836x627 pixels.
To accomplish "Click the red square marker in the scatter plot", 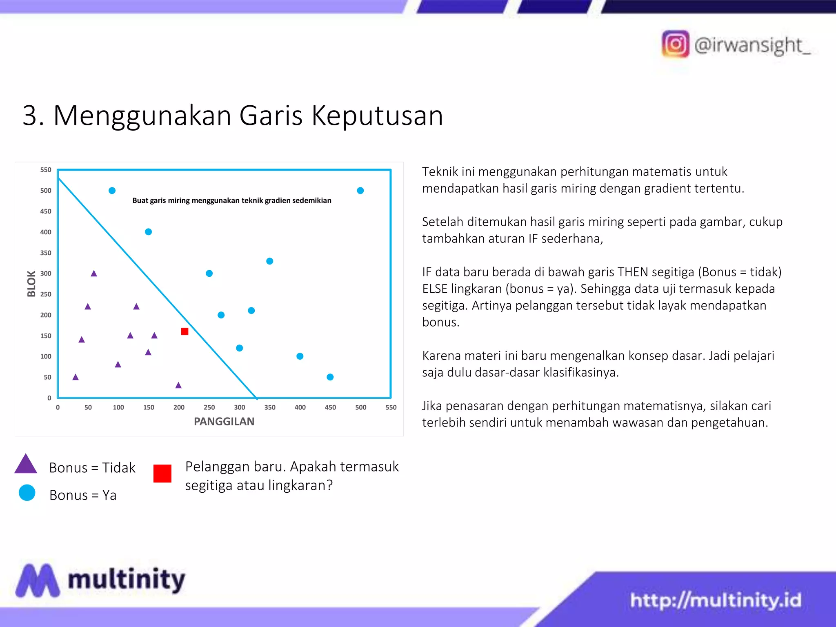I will click(x=185, y=331).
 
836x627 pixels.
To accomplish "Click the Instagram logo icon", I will click(x=675, y=44).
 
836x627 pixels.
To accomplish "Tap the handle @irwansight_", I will click(x=752, y=45).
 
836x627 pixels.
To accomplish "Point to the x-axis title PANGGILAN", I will click(x=224, y=421).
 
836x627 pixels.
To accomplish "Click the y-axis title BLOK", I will click(x=31, y=284).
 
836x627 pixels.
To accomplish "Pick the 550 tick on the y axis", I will click(x=46, y=170).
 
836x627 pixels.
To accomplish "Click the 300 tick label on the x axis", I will click(x=239, y=407).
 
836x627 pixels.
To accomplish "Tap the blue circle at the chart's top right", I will click(x=360, y=191).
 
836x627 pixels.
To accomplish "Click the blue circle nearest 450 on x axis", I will click(x=330, y=377).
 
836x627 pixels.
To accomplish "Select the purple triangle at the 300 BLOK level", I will click(x=94, y=273).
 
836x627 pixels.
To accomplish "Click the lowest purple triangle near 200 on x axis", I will click(x=178, y=385).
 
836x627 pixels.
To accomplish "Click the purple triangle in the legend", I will click(x=26, y=465).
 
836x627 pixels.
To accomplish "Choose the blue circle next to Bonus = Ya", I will click(x=27, y=493).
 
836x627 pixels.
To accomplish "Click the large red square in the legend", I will click(x=162, y=474).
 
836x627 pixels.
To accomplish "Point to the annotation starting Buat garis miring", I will click(x=231, y=200).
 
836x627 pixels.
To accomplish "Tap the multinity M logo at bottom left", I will click(x=38, y=580).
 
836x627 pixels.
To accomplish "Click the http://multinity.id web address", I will click(x=715, y=600).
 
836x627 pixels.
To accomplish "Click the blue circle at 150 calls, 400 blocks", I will click(x=148, y=232).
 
